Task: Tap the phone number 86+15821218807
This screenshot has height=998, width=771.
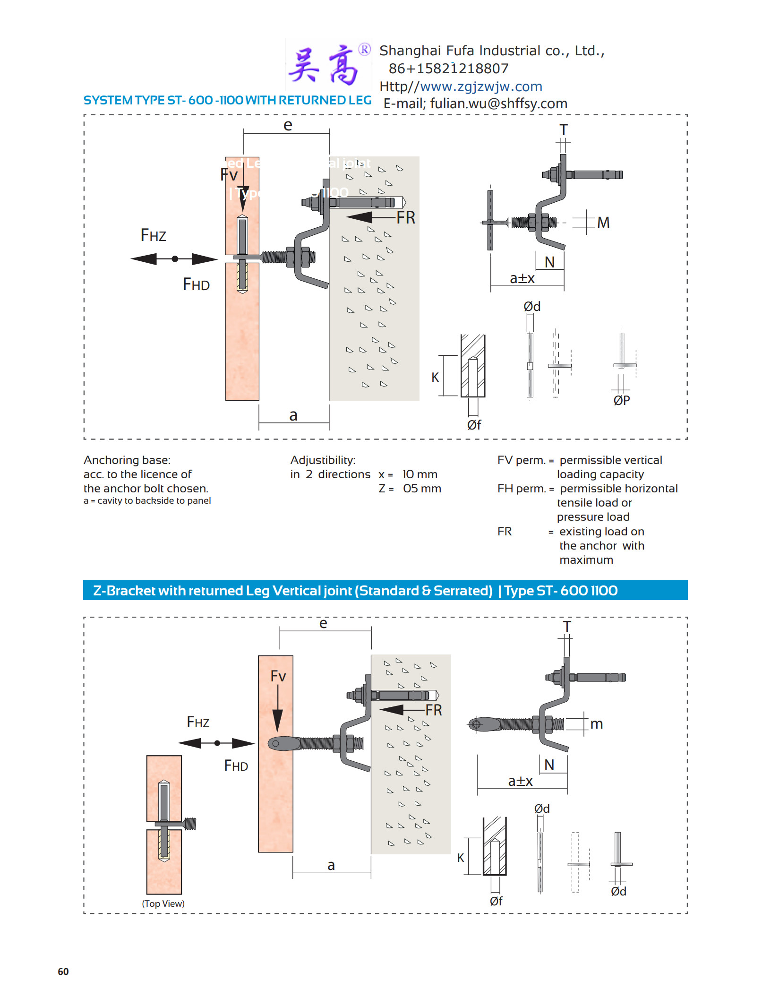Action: click(x=448, y=69)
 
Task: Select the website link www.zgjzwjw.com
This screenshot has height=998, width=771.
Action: click(x=480, y=87)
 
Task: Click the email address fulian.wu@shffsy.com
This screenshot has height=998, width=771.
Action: click(x=498, y=104)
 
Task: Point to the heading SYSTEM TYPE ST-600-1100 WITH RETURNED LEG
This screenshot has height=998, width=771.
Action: click(x=227, y=101)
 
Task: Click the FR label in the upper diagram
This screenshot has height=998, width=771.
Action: click(x=406, y=218)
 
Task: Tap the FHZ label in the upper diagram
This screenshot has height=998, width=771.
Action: click(x=154, y=235)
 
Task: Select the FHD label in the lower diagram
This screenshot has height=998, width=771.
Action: click(x=236, y=766)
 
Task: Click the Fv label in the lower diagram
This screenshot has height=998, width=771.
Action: click(x=278, y=676)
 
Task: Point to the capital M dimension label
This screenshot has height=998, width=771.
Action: click(x=603, y=223)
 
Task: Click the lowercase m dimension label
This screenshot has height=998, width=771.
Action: click(x=597, y=724)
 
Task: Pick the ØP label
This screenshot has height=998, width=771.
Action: click(x=622, y=401)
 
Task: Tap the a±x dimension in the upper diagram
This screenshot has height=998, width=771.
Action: click(x=522, y=278)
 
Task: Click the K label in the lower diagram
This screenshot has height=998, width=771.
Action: click(x=461, y=858)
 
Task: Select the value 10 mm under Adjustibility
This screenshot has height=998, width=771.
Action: click(x=420, y=474)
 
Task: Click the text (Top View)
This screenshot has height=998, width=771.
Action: click(x=163, y=903)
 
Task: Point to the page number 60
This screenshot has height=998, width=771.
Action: click(x=63, y=972)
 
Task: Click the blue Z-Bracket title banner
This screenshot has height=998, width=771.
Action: click(x=385, y=591)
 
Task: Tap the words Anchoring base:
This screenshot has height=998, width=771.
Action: click(x=127, y=460)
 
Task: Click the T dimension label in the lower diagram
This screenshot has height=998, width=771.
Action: click(x=567, y=627)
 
